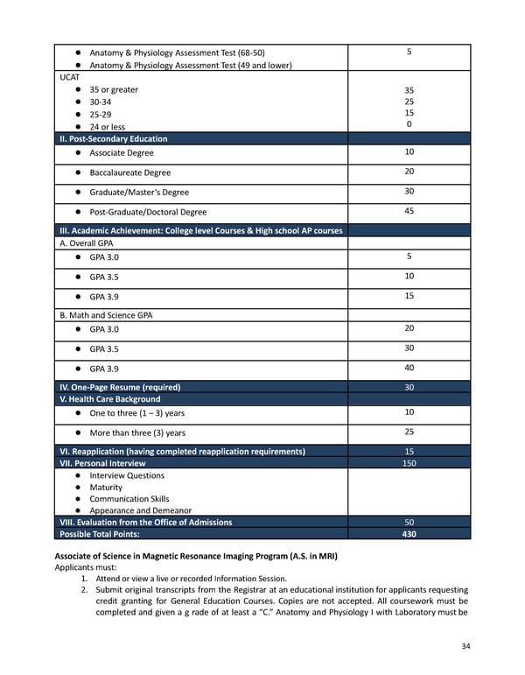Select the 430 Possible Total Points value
[x=409, y=534]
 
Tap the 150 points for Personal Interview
[x=409, y=463]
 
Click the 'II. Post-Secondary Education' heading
[x=113, y=138]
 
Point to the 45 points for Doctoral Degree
[x=409, y=211]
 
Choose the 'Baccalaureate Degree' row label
[x=129, y=172]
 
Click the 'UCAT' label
[x=70, y=77]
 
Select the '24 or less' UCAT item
[x=107, y=127]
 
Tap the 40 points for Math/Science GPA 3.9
[x=409, y=368]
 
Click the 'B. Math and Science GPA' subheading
[x=105, y=315]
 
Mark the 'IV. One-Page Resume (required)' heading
[x=119, y=387]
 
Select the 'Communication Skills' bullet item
[x=129, y=499]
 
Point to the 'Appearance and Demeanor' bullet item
[x=140, y=510]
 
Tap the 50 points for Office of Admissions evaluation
[x=409, y=522]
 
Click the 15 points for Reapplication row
[x=409, y=451]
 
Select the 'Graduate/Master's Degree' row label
[x=138, y=192]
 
